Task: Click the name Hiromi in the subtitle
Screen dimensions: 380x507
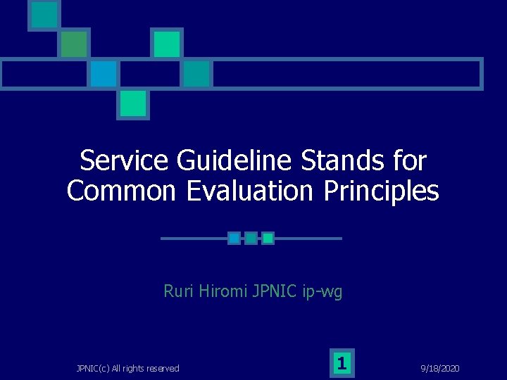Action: [223, 291]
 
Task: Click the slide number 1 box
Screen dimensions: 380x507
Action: [342, 363]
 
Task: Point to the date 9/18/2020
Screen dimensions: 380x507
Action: [441, 368]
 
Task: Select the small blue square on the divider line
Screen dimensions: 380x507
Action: [234, 239]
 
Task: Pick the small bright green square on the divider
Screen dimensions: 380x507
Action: [268, 239]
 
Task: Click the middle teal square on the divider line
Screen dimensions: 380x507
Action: [251, 239]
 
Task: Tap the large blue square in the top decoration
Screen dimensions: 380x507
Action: [104, 73]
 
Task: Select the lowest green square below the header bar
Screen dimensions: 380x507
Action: [132, 103]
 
